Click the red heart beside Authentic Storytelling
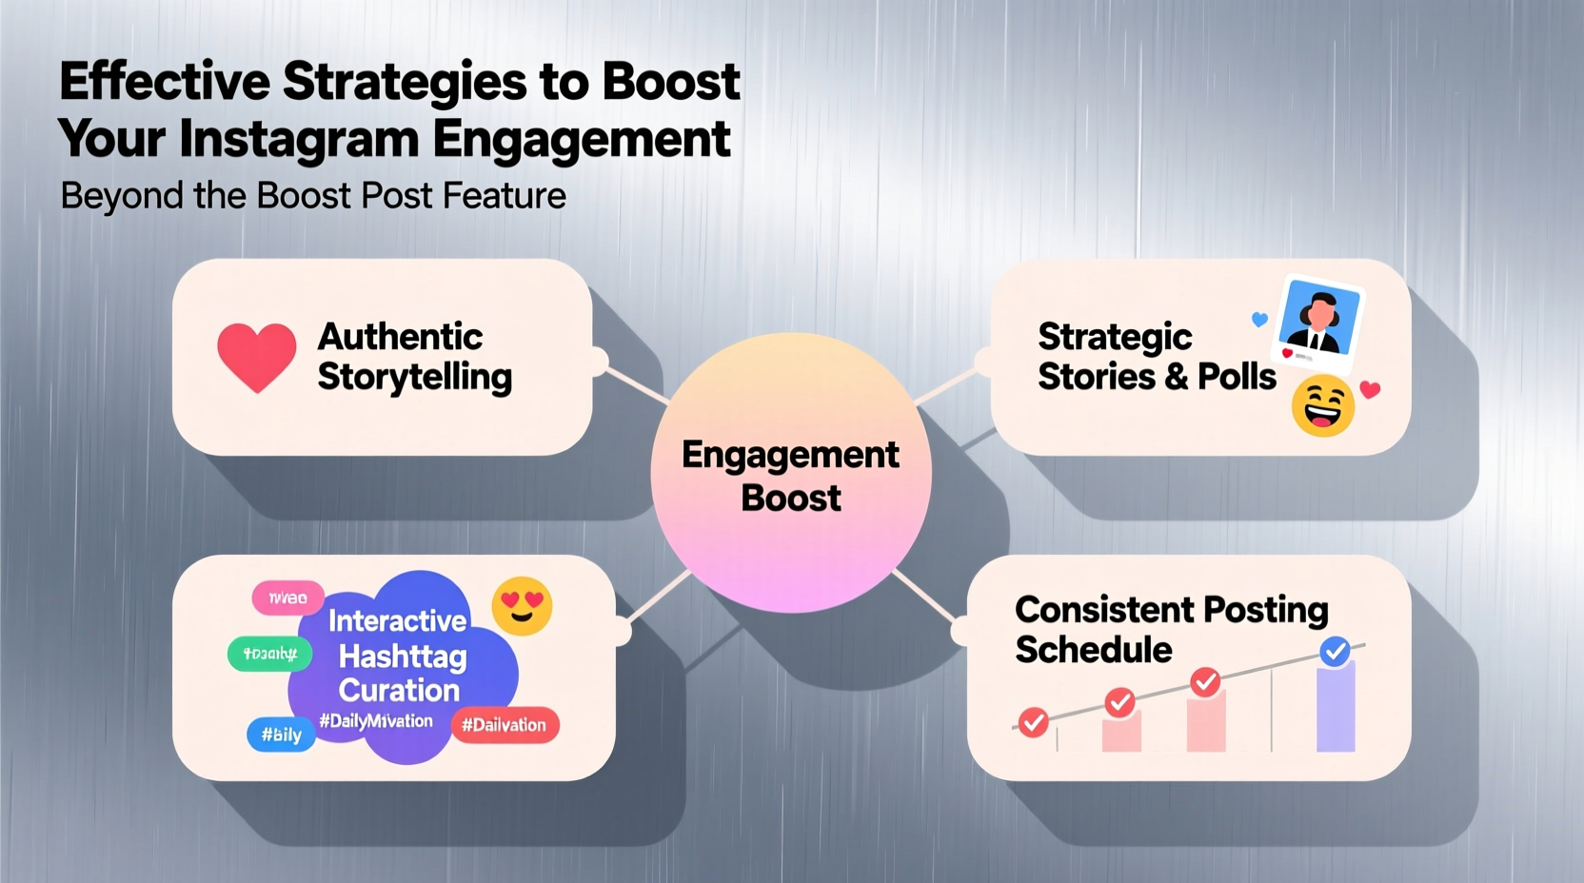click(256, 356)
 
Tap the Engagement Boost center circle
click(790, 473)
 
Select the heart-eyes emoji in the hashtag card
click(522, 606)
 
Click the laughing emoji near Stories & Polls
click(1322, 405)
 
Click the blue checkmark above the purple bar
click(1335, 652)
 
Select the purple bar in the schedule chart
click(1335, 709)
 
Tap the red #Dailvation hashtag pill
click(505, 725)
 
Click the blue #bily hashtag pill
click(281, 735)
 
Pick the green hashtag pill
click(270, 654)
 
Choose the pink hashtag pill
click(287, 598)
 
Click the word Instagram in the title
click(299, 139)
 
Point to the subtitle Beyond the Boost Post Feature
click(313, 196)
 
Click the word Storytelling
click(415, 378)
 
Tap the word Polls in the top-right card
click(1237, 377)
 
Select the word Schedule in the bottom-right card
click(1094, 650)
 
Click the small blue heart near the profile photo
click(1259, 320)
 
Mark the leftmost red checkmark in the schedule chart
click(1033, 723)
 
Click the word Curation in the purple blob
click(399, 690)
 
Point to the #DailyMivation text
click(376, 721)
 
